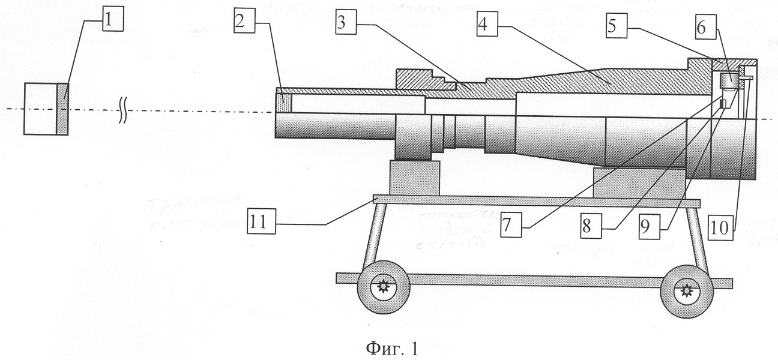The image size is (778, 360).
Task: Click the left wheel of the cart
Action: [382, 288]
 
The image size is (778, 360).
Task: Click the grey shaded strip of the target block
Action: [63, 109]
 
